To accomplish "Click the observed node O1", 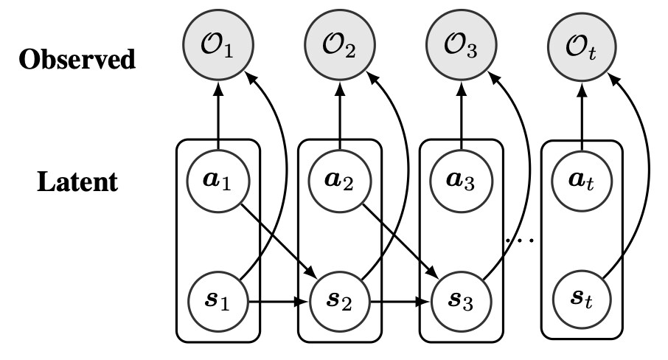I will [x=218, y=53].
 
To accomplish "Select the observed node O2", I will [x=339, y=53].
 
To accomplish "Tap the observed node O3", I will [x=462, y=53].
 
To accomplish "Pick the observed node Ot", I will [x=583, y=53].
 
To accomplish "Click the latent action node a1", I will [x=218, y=180].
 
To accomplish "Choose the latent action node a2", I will [x=339, y=180].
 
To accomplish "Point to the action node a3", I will [x=462, y=180].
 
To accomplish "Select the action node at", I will [x=583, y=180].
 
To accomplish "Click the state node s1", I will [x=218, y=301].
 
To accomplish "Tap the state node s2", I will [x=339, y=301].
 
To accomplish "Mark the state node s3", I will [x=462, y=301].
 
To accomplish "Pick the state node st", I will [x=583, y=301].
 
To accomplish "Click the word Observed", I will [x=77, y=59].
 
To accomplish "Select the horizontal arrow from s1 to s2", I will [x=277, y=301].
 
